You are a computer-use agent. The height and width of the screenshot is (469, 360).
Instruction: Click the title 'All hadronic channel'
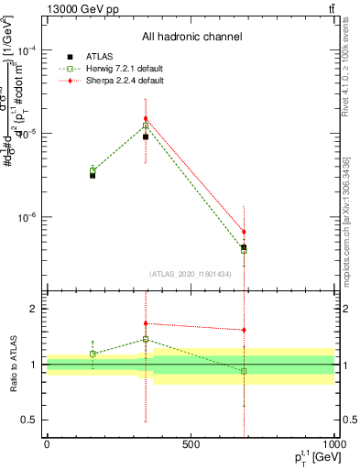(191, 38)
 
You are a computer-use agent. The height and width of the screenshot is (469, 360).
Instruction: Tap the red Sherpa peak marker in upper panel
(146, 118)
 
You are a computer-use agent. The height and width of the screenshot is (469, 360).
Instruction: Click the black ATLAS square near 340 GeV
(146, 136)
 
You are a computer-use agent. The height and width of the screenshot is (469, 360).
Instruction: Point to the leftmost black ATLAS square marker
(93, 174)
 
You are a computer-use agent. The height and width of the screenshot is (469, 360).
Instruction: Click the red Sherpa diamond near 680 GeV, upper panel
(244, 232)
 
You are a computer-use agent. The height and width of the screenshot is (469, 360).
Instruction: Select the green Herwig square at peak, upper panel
(146, 125)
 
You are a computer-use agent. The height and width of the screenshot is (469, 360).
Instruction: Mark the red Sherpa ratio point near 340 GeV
(146, 323)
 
